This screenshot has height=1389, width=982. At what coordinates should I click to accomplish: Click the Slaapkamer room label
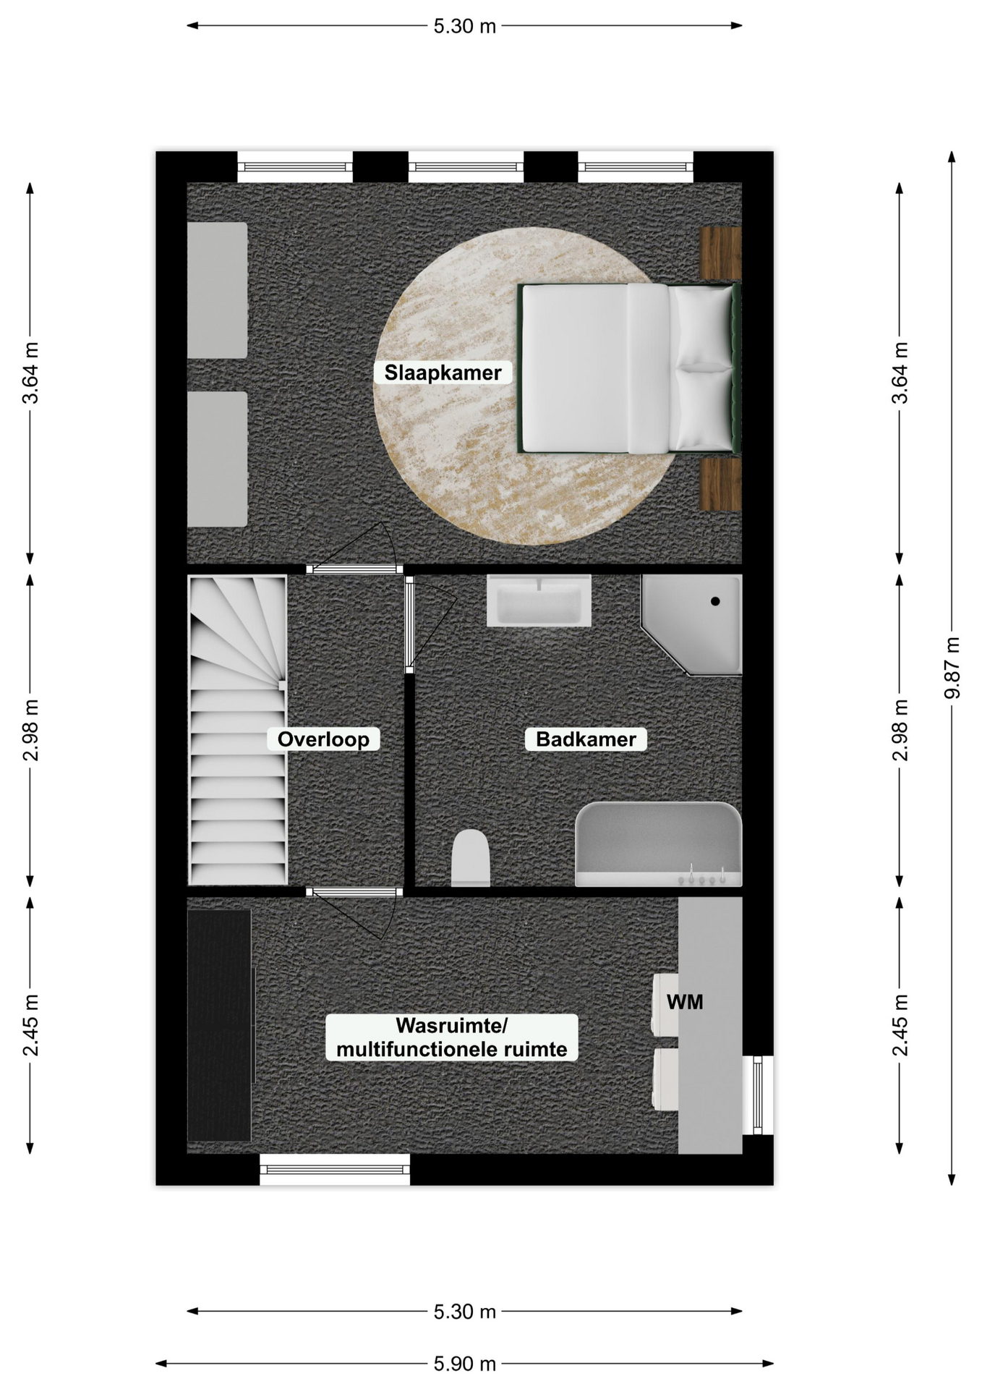tap(443, 373)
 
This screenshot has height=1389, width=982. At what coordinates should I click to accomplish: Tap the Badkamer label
tap(586, 739)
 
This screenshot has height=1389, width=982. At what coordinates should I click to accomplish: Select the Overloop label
tap(323, 739)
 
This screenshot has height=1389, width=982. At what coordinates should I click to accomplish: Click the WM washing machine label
tap(685, 1002)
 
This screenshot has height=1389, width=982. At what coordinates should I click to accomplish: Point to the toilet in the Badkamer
tap(471, 858)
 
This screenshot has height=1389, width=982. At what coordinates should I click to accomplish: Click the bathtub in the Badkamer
tap(659, 844)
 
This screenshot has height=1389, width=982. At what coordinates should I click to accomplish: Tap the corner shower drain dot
tap(715, 601)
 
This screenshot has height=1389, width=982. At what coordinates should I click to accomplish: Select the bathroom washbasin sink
tap(539, 600)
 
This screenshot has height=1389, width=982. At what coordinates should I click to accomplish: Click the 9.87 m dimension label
tap(952, 668)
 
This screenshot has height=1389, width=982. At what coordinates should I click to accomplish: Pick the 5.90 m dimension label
tap(465, 1364)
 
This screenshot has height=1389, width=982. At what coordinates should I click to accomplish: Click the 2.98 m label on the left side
tap(30, 731)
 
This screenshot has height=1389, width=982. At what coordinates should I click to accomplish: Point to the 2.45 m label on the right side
tap(900, 1025)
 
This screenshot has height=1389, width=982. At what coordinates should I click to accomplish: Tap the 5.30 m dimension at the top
tap(465, 26)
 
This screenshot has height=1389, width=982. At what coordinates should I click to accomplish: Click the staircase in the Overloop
tap(237, 730)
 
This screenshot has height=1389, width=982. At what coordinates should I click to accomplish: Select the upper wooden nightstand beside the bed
tap(721, 253)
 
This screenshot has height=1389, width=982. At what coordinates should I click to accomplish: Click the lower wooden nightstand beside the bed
tap(721, 484)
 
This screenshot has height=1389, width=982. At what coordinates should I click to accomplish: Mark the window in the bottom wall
tap(335, 1169)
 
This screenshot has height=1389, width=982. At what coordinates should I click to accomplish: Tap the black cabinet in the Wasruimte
tap(220, 1025)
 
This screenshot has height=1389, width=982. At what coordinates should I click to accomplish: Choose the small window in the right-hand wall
tap(758, 1095)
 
